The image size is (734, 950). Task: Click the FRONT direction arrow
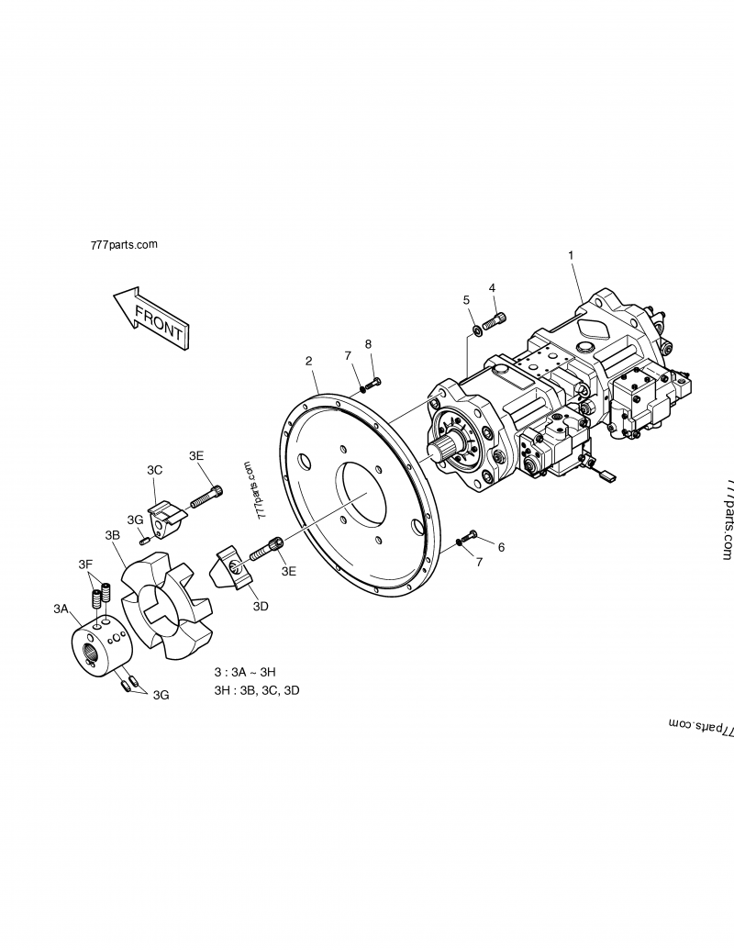pyautogui.click(x=151, y=317)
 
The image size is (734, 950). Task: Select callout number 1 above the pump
pyautogui.click(x=571, y=253)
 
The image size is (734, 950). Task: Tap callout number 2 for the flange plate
pyautogui.click(x=309, y=361)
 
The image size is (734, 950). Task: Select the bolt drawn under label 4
pyautogui.click(x=493, y=320)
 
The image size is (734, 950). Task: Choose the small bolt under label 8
pyautogui.click(x=373, y=381)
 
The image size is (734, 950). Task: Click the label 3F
pyautogui.click(x=85, y=564)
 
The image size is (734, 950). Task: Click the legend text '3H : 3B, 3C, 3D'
pyautogui.click(x=256, y=689)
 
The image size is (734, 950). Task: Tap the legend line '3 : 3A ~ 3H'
pyautogui.click(x=244, y=671)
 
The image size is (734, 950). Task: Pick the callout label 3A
pyautogui.click(x=61, y=609)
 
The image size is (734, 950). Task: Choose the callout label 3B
pyautogui.click(x=113, y=535)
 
